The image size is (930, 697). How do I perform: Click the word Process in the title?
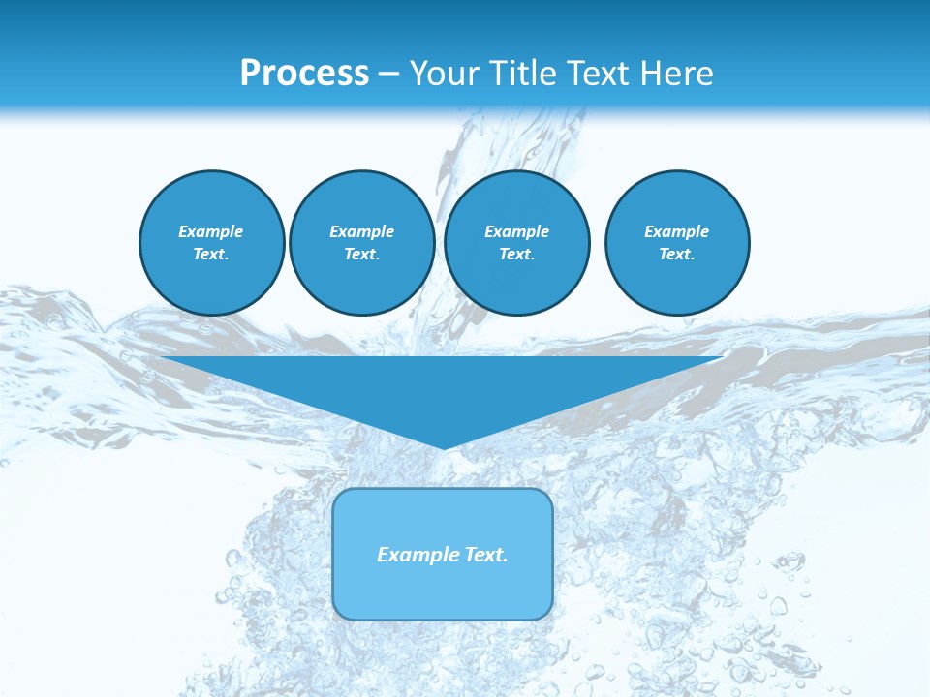click(304, 74)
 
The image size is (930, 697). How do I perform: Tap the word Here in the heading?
click(677, 74)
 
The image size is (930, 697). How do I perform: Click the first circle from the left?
click(212, 243)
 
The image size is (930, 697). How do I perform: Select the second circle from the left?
click(361, 243)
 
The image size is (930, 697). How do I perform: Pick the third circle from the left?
click(516, 243)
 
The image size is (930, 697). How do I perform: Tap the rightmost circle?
click(677, 243)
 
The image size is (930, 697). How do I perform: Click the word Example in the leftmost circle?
click(211, 231)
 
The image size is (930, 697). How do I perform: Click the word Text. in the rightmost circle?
click(677, 255)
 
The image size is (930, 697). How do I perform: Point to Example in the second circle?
click(361, 231)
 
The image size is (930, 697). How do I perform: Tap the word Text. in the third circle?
click(516, 255)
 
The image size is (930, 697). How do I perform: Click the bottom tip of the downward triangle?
click(444, 446)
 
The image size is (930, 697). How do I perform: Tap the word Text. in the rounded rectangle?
click(486, 555)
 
